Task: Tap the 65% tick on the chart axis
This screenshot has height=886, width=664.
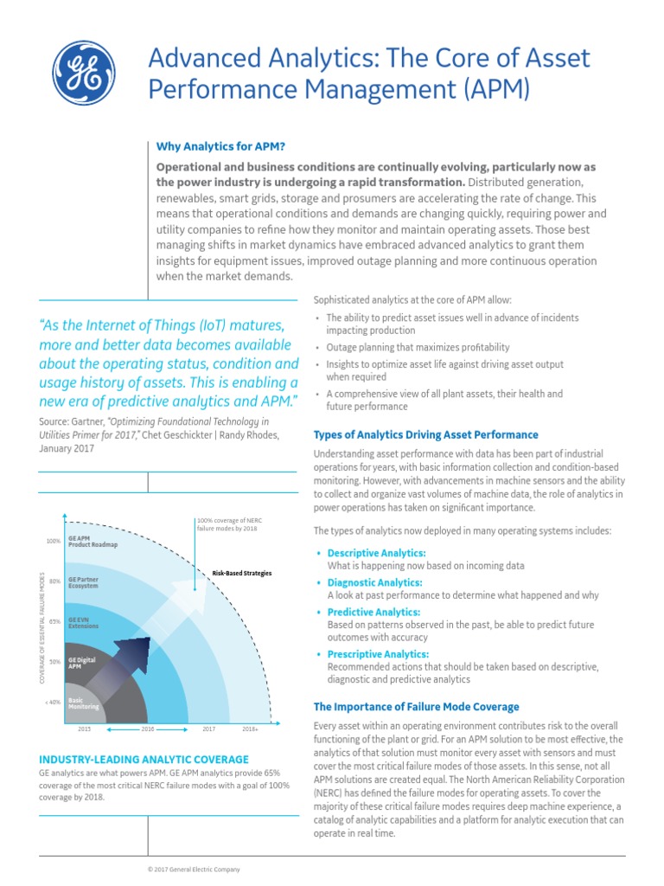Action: click(54, 621)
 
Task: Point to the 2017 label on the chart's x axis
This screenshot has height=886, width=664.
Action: click(208, 729)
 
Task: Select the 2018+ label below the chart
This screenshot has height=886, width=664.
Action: click(250, 729)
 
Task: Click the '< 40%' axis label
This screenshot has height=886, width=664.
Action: click(52, 702)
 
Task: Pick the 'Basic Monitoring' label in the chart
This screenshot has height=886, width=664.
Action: click(84, 703)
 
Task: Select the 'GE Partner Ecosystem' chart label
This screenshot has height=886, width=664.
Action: click(84, 582)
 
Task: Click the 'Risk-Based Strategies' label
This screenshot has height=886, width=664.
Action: click(242, 573)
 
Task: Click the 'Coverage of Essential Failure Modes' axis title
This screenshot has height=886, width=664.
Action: click(43, 627)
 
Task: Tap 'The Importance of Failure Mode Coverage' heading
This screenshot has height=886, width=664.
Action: click(416, 707)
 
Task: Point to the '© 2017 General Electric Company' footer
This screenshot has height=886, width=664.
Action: click(194, 869)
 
